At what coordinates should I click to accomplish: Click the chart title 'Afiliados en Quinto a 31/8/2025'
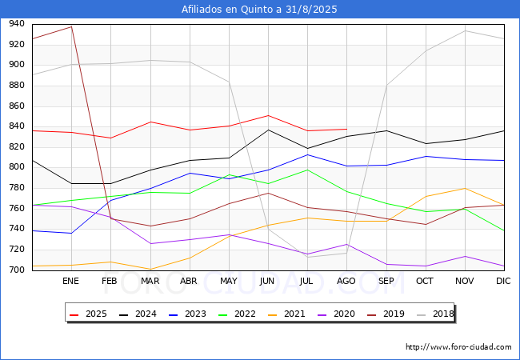click(259, 10)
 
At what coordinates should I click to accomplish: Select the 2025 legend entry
click(88, 314)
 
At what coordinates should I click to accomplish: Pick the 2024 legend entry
click(138, 314)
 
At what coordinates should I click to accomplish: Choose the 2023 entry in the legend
click(187, 314)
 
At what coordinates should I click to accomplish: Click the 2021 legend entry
click(286, 314)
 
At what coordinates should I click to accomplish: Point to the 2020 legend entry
click(336, 314)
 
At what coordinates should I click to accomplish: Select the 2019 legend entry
click(386, 314)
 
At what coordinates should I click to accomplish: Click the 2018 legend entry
click(435, 314)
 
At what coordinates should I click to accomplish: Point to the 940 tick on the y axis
click(17, 23)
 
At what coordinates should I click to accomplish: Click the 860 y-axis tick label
click(17, 106)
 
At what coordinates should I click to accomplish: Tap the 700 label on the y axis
click(17, 270)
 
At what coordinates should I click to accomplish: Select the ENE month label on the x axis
click(70, 281)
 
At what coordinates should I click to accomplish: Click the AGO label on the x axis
click(346, 281)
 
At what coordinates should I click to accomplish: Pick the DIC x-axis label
click(503, 281)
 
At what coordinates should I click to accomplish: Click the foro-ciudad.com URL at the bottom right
click(458, 347)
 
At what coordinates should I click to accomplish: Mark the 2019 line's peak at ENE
click(72, 26)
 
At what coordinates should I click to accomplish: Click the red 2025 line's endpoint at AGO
click(347, 129)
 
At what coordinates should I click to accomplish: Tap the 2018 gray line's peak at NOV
click(465, 31)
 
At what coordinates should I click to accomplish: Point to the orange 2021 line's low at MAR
click(150, 269)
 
